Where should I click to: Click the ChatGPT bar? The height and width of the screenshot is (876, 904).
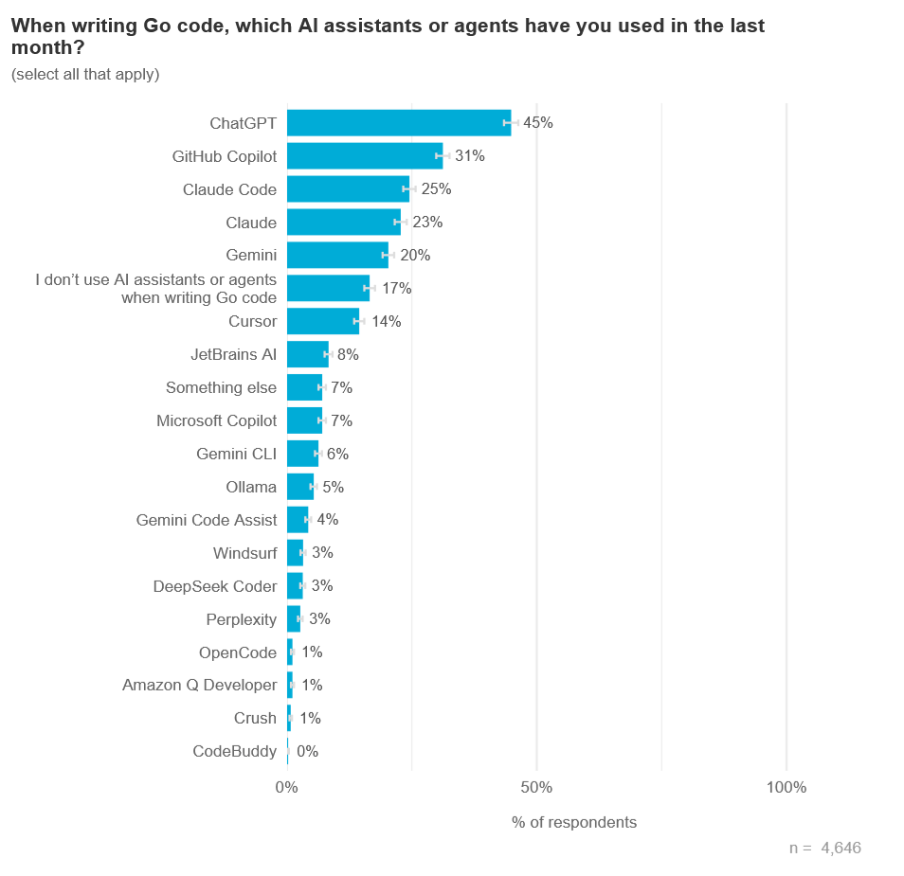coord(398,123)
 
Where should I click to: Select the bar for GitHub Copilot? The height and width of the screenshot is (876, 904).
coord(365,156)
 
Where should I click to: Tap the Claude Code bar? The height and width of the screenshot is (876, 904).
coord(348,189)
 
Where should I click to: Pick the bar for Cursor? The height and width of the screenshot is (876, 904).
coord(322,321)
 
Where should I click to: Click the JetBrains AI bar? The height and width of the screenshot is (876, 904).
coord(307,354)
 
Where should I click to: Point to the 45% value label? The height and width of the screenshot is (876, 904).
coord(538,123)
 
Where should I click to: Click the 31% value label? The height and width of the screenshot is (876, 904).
coord(470,156)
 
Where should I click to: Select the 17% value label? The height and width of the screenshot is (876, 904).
coord(396,288)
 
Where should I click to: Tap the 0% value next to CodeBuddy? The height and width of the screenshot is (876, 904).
coord(307,751)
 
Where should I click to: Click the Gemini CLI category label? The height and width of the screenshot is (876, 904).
coord(236,454)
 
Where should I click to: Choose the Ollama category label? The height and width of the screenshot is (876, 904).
coord(251,487)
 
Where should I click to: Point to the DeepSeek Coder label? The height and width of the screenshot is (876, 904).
coord(215,586)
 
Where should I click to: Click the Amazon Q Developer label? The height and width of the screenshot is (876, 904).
coord(200,685)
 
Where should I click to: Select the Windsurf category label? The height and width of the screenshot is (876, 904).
coord(245,553)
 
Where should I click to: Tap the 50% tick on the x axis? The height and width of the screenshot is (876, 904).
coord(536,788)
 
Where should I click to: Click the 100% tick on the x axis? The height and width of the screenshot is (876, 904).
coord(786,788)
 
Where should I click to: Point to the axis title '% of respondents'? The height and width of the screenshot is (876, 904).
coord(574,822)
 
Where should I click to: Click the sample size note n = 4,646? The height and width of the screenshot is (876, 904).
coord(824,849)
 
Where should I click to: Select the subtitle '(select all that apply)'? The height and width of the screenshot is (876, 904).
coord(85,74)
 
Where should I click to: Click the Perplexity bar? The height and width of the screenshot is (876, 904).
coord(294,619)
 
